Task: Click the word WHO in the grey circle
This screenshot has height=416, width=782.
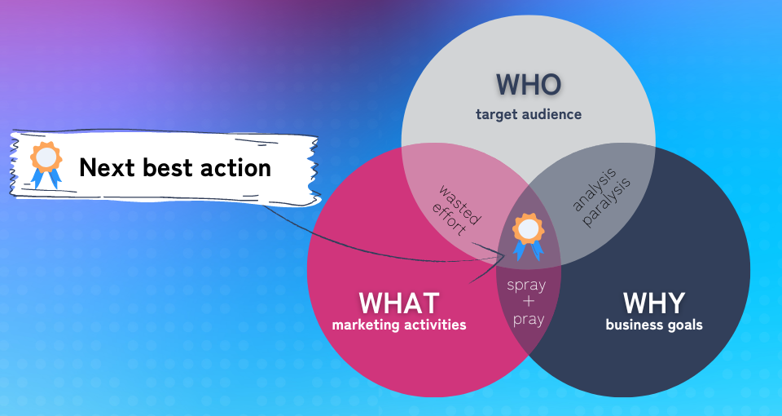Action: click(529, 85)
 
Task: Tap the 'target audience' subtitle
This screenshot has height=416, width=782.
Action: click(529, 114)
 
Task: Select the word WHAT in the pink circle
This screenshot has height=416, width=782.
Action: click(399, 303)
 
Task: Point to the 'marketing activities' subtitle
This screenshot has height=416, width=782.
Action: click(399, 325)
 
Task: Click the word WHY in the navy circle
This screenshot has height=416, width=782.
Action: click(654, 303)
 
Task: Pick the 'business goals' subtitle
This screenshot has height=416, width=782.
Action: click(654, 325)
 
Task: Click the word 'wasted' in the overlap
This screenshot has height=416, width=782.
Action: click(460, 205)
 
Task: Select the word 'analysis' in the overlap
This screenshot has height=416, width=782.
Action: click(595, 190)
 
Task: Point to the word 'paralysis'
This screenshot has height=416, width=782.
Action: click(607, 202)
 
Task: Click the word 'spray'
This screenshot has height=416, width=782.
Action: click(527, 285)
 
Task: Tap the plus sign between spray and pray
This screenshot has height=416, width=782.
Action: click(528, 302)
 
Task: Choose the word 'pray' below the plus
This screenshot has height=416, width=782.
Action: click(529, 319)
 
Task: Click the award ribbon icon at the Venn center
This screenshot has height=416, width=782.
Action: click(528, 237)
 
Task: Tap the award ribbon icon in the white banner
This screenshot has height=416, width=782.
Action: click(46, 165)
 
